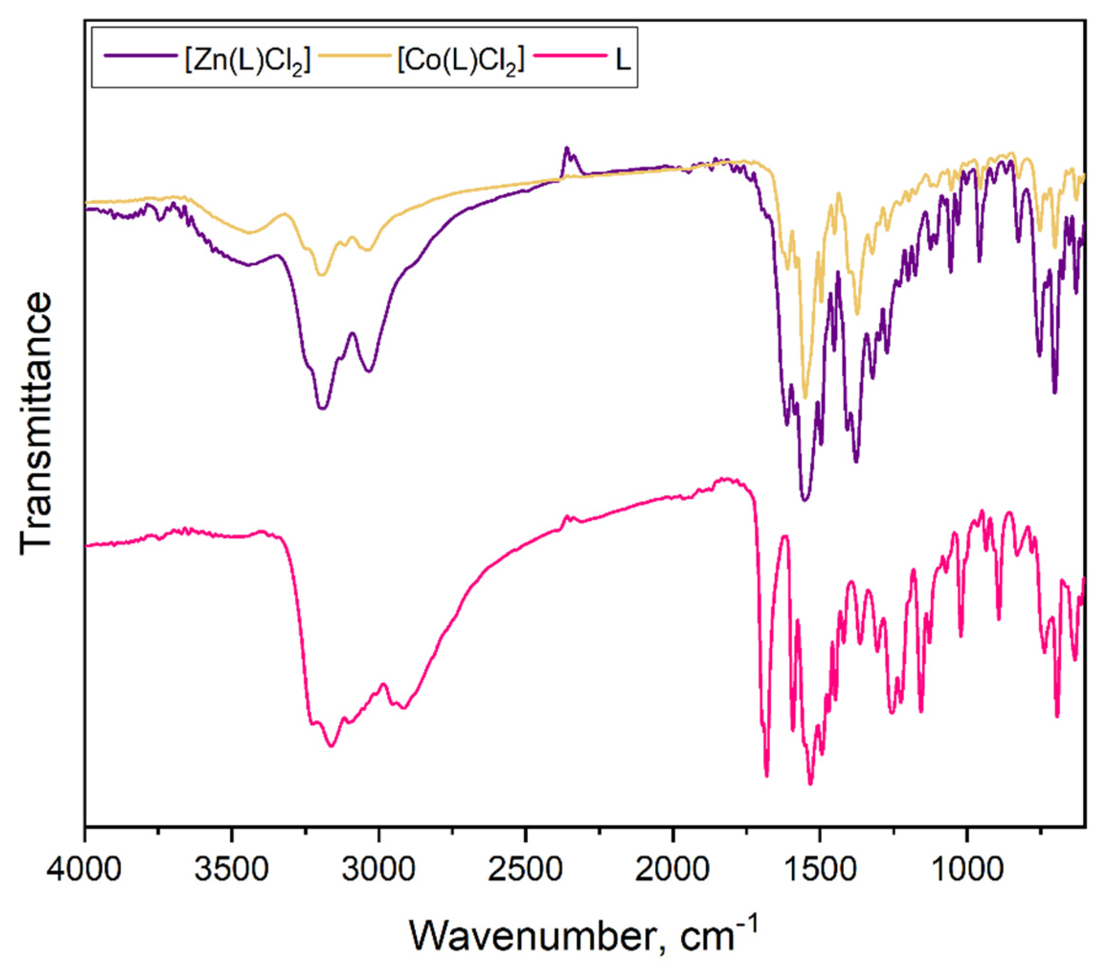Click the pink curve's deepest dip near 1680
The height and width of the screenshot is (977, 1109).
tap(767, 776)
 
